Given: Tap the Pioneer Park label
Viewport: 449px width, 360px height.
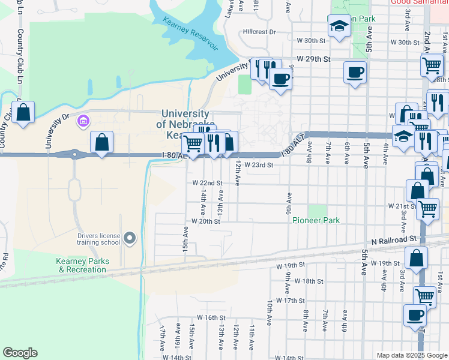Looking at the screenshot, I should [316, 220].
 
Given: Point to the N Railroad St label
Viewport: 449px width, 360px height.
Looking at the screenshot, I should [393, 239].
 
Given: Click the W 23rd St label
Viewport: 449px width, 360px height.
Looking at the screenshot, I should [259, 165].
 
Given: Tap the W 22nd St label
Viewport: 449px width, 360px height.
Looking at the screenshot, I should [207, 182].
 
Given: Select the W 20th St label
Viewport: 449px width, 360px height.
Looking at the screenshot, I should [206, 221].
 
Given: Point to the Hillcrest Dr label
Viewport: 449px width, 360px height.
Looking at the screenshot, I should [259, 32].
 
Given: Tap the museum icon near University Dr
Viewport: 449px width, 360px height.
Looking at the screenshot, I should [82, 122].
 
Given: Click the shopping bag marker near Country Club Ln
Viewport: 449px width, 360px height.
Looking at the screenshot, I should [23, 112].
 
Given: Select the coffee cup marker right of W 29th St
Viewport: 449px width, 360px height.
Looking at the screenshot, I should [355, 73].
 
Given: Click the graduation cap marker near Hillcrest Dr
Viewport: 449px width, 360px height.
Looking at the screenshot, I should [339, 26].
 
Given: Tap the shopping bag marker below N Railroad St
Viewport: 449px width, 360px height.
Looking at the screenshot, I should [415, 259].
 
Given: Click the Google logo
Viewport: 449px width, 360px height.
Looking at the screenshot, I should [20, 353].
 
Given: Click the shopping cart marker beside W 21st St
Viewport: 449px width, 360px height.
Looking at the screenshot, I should [427, 209].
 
